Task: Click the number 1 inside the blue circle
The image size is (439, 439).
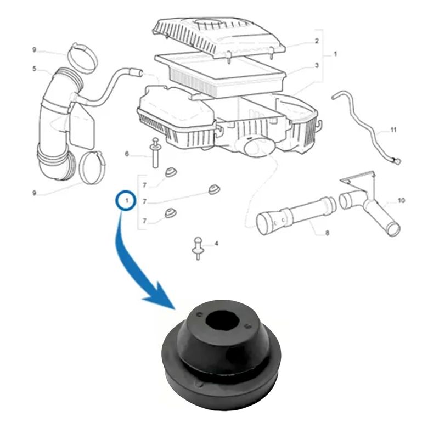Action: click(127, 200)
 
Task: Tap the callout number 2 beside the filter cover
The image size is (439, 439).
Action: click(317, 41)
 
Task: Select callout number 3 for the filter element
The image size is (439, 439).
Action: click(317, 65)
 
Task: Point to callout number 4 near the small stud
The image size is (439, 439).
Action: click(216, 244)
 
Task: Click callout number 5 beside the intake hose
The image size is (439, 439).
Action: click(34, 69)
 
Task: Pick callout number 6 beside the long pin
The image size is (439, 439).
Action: click(127, 154)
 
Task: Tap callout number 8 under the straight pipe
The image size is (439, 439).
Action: click(327, 233)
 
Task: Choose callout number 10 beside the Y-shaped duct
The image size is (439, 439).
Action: click(401, 200)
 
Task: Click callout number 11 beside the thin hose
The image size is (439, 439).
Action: click(393, 130)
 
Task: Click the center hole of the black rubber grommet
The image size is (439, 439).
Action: click(223, 319)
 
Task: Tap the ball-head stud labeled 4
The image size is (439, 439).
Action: click(198, 248)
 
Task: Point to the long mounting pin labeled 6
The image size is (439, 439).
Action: click(155, 153)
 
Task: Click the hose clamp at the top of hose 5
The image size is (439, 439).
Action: click(83, 58)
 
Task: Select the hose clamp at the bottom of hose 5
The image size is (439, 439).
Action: click(92, 167)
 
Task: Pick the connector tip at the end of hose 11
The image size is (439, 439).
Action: click(397, 161)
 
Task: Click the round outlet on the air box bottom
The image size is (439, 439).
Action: click(259, 147)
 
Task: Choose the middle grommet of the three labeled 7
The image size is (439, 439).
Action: click(214, 189)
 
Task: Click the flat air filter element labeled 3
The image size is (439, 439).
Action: click(221, 74)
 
